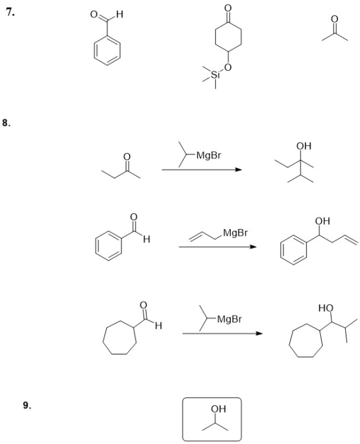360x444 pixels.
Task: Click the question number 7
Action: click(10, 12)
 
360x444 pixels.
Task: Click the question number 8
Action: click(7, 123)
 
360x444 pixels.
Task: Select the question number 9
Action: click(27, 405)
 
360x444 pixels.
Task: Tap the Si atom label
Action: click(215, 75)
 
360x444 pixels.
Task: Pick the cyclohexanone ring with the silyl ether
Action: click(215, 37)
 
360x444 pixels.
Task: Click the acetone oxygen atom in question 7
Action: click(334, 19)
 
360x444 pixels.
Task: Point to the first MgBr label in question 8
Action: click(209, 156)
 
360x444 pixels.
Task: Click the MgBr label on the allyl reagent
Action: click(235, 233)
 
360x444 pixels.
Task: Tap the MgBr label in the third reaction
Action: click(230, 319)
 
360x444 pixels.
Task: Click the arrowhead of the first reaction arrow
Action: click(239, 170)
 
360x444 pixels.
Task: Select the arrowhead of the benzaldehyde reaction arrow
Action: click(253, 247)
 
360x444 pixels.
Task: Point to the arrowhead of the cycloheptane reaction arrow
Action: click(259, 333)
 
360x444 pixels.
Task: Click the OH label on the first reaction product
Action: click(303, 146)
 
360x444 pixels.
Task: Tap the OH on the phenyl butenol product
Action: click(323, 221)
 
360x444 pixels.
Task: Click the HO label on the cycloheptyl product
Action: click(326, 308)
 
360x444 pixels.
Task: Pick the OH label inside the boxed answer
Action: click(219, 409)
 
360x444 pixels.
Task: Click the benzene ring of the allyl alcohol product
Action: click(280, 250)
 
